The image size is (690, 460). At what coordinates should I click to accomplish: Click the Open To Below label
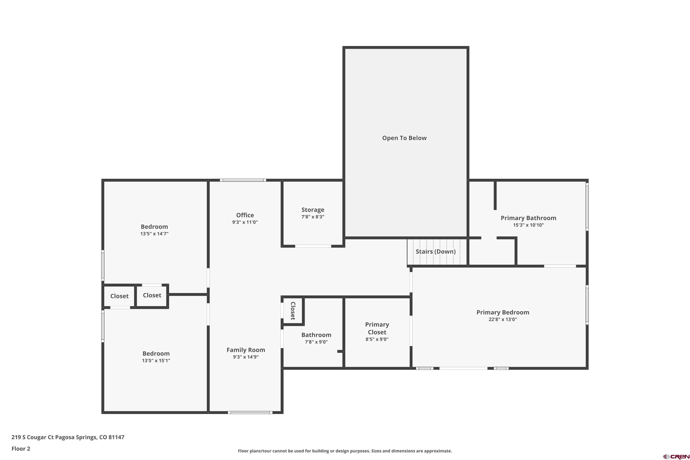tap(404, 138)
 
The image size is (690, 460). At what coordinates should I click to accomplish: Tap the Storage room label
tap(313, 210)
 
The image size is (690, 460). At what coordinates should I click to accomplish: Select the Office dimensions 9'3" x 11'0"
tap(245, 222)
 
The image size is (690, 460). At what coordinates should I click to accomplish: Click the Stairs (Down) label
tap(436, 251)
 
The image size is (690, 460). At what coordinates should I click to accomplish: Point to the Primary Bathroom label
tap(528, 218)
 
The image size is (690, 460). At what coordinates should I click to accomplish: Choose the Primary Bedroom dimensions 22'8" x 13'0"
tap(503, 319)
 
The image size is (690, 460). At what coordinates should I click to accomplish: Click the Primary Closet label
tap(377, 328)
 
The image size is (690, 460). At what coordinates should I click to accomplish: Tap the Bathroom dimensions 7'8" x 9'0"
tap(316, 342)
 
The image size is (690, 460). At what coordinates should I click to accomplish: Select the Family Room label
tap(246, 350)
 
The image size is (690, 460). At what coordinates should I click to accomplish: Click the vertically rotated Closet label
tap(293, 311)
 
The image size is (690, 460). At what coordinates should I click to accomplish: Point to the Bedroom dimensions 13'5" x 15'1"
tap(156, 361)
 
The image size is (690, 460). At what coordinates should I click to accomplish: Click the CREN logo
tap(676, 457)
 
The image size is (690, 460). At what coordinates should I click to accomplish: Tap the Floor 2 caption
tap(21, 448)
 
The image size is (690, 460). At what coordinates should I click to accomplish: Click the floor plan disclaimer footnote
tap(345, 451)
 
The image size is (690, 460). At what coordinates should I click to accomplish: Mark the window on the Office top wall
tap(243, 180)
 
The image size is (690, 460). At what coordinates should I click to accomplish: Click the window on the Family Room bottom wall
tap(250, 412)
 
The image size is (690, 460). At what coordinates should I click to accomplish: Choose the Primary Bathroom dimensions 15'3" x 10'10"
tap(528, 225)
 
